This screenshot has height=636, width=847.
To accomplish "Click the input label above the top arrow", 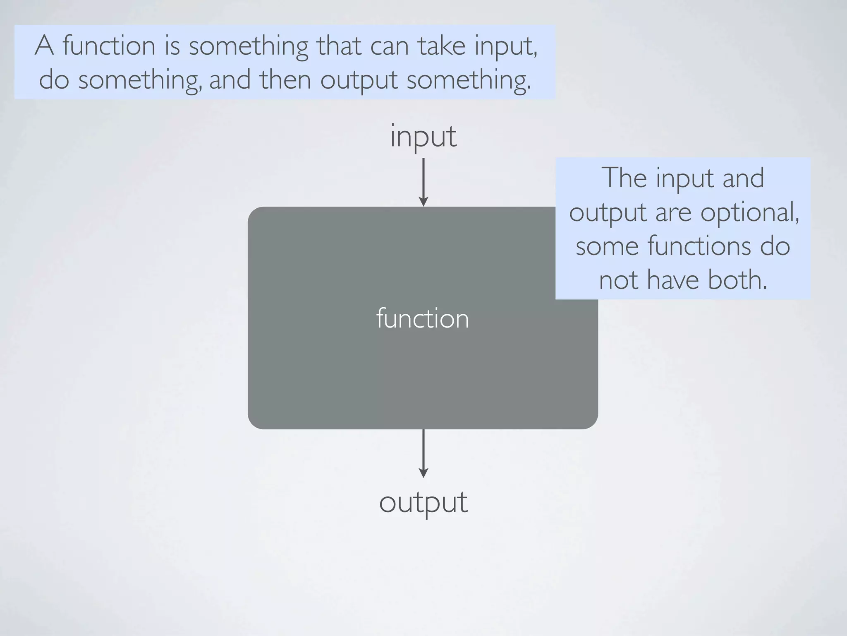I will click(423, 137).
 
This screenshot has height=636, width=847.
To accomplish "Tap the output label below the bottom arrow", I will click(423, 503).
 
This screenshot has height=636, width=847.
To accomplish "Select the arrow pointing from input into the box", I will click(423, 182).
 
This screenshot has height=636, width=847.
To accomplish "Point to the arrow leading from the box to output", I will click(423, 453).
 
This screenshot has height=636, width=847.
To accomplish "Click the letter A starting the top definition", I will click(44, 46).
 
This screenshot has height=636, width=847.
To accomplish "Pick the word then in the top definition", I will click(285, 79).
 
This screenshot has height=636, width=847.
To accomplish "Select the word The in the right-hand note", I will click(624, 178).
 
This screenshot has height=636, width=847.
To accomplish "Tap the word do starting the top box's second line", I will click(54, 79).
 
